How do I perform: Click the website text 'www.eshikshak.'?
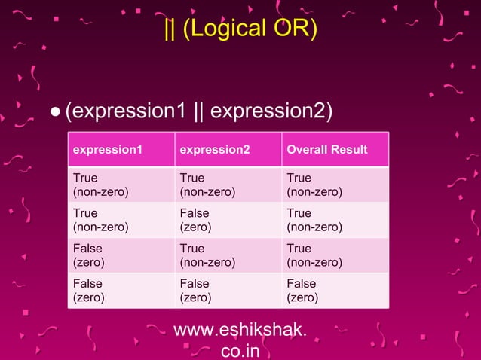[x=240, y=330]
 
